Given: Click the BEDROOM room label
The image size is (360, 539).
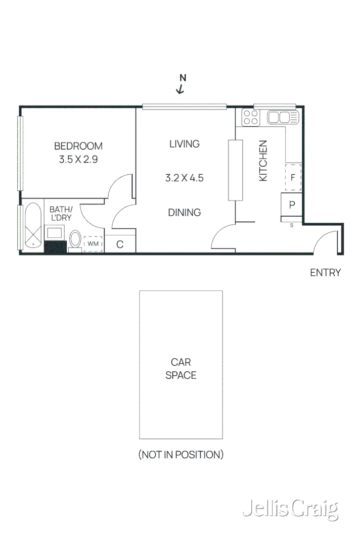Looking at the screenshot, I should click(x=78, y=146).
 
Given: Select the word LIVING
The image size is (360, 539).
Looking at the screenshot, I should click(x=184, y=144).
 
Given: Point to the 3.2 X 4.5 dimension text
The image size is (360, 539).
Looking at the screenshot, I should click(x=184, y=178).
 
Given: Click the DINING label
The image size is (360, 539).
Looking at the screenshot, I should click(x=184, y=213).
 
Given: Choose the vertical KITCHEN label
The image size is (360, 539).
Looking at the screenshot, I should click(x=263, y=161).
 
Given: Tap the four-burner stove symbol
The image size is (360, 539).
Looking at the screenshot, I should click(x=250, y=118).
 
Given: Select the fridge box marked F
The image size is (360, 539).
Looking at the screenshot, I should click(x=293, y=177).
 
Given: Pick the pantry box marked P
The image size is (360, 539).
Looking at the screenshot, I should click(x=292, y=205).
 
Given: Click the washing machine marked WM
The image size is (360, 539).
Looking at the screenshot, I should click(x=93, y=243).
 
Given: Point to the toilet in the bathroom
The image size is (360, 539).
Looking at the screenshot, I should click(x=76, y=239).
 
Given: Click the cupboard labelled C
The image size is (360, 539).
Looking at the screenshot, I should click(x=120, y=244).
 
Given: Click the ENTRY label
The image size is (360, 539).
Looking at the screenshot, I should click(x=325, y=273).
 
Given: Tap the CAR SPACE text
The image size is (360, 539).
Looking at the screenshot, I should click(x=181, y=369).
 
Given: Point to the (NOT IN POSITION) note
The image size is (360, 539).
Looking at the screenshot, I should click(x=181, y=455).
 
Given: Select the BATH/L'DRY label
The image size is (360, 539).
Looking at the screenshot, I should click(x=61, y=213).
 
